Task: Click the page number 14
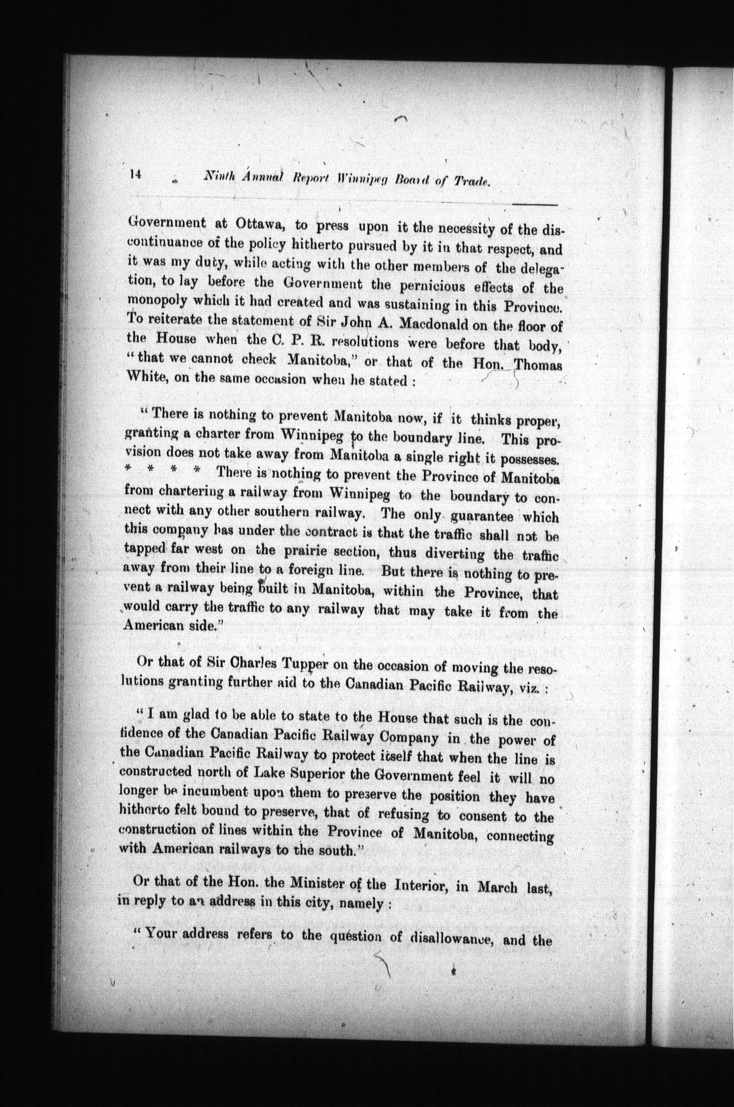(x=134, y=175)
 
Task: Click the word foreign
(x=300, y=572)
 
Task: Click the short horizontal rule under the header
(x=535, y=204)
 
